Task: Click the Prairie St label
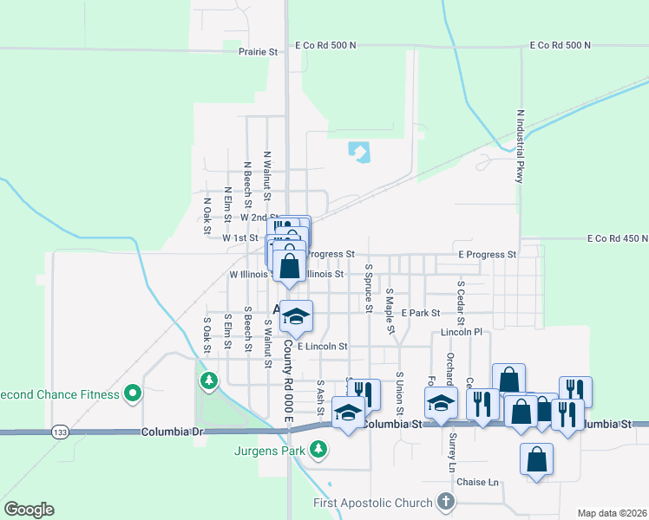click(258, 52)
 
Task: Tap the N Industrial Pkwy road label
click(520, 146)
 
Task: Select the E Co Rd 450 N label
click(617, 238)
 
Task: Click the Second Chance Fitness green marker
click(132, 394)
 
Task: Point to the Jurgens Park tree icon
click(319, 449)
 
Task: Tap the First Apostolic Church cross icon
click(445, 502)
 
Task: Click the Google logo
click(29, 510)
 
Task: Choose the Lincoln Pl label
click(461, 333)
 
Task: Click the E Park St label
click(421, 312)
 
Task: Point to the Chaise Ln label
click(481, 482)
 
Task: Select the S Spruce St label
click(369, 289)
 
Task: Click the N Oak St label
click(206, 213)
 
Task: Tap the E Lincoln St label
click(322, 346)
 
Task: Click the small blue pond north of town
click(358, 153)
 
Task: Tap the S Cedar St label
click(461, 297)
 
